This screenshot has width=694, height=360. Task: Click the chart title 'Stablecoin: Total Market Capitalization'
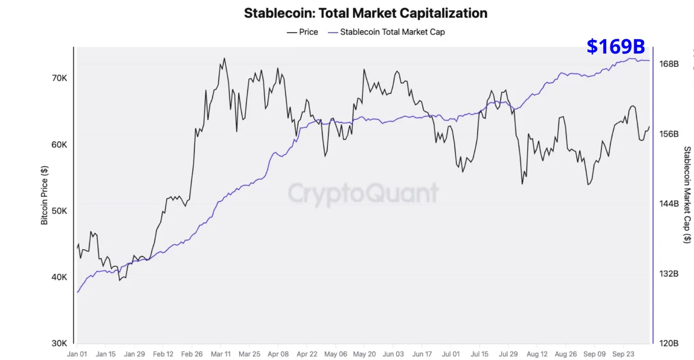365,13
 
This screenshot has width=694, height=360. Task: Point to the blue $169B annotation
615,46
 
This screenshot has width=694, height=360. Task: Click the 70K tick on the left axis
59,79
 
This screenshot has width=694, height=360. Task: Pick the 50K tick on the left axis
59,211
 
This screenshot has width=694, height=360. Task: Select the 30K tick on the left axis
59,343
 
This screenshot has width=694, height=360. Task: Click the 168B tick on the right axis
669,64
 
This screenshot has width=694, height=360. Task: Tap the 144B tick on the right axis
669,204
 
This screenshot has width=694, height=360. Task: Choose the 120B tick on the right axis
669,343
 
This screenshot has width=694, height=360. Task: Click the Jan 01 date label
77,353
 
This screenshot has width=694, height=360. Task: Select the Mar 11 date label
220,353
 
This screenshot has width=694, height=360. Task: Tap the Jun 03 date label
393,353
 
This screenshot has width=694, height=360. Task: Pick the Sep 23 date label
622,353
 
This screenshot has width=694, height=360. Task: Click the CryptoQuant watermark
363,193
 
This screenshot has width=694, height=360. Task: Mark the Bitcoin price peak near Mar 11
224,58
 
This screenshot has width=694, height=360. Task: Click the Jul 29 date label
507,353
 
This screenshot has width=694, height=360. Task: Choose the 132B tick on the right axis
669,274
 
